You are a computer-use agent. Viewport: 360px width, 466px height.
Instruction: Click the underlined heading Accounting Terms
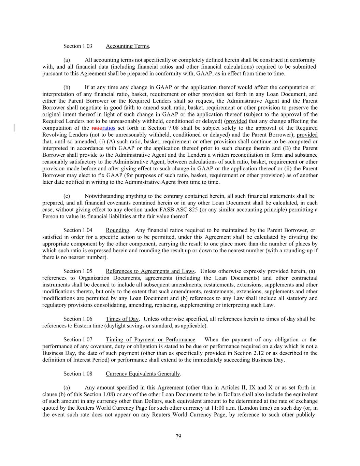coord(127,46)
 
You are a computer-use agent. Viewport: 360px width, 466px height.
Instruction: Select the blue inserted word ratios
coord(109,128)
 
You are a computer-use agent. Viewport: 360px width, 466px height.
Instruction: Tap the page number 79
coord(178,436)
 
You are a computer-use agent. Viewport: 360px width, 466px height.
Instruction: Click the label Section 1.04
coord(78,230)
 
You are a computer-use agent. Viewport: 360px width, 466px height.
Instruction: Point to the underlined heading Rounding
coord(117,230)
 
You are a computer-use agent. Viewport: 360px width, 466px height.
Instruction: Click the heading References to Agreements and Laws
coord(150,271)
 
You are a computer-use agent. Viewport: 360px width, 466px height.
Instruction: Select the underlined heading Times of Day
coord(122,319)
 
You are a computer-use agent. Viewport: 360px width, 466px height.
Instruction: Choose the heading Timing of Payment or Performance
coord(150,340)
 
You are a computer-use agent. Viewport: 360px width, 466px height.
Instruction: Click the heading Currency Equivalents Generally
coord(143,374)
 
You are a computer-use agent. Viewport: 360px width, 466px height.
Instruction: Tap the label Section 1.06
coord(78,319)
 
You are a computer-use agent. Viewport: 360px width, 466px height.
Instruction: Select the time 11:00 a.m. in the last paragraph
coord(231,408)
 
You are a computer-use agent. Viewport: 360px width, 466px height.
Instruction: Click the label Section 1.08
coord(78,374)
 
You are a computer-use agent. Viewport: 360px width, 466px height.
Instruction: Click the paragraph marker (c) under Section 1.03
coord(67,196)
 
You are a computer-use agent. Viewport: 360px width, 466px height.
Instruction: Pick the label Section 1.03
coord(78,46)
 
